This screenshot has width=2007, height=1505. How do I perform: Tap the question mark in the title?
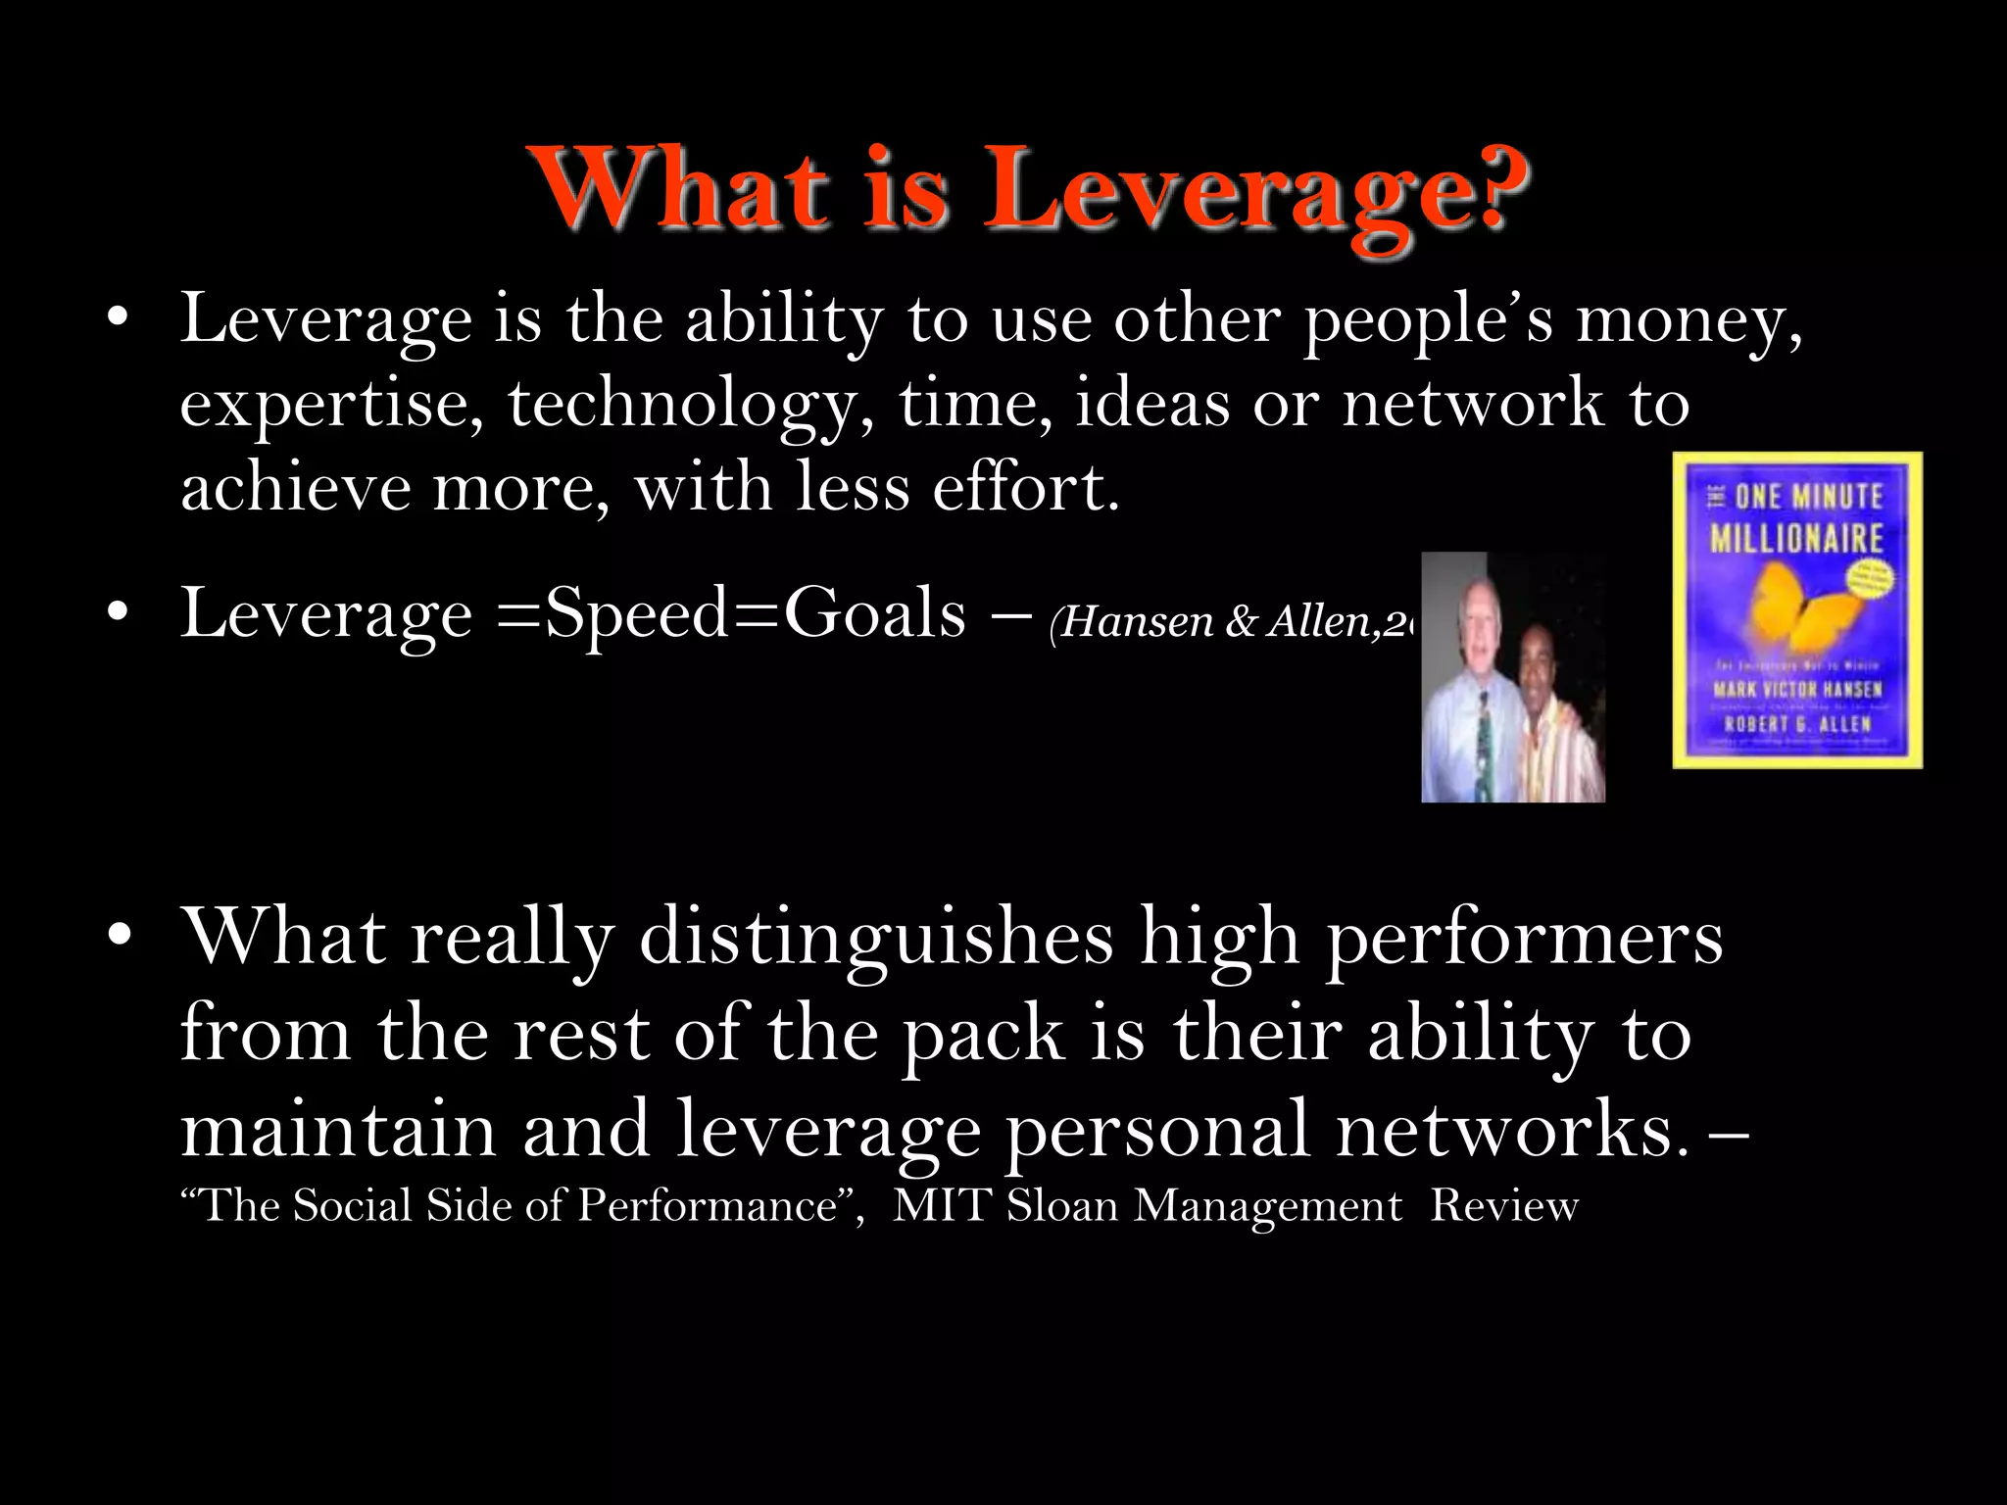click(x=1491, y=186)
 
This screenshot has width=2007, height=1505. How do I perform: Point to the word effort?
click(x=1025, y=488)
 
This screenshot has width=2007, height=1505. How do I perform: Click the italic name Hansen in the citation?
click(x=1137, y=621)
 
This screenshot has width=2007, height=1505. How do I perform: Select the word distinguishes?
click(x=876, y=939)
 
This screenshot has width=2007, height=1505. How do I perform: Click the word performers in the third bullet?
click(x=1524, y=939)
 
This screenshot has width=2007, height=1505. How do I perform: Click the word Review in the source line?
click(x=1504, y=1205)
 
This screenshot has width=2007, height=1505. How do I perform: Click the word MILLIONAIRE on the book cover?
click(x=1796, y=538)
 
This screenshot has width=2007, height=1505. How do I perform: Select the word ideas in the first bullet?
click(x=1151, y=404)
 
